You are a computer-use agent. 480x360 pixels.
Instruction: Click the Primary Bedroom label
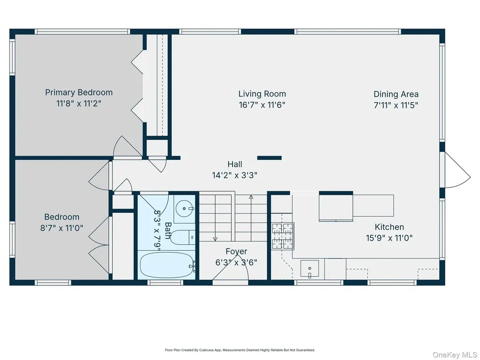(79, 92)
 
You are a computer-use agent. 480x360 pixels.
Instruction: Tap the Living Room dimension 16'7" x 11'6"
(262, 105)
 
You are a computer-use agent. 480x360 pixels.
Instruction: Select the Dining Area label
(396, 94)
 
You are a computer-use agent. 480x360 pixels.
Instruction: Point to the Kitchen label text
(389, 227)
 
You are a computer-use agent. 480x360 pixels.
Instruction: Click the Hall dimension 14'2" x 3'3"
(234, 175)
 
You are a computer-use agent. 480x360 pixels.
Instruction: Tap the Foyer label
(236, 252)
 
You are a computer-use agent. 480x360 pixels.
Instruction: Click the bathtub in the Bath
(167, 265)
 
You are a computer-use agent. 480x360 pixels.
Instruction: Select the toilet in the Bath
(182, 237)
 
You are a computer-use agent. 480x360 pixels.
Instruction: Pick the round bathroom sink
(184, 209)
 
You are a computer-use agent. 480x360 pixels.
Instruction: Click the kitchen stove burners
(283, 236)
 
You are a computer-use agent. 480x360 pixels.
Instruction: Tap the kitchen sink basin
(309, 269)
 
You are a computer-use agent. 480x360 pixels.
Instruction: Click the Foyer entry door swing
(230, 268)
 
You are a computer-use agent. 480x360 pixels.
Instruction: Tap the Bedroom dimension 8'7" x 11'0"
(62, 228)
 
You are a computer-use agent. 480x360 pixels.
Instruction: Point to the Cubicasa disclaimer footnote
(240, 350)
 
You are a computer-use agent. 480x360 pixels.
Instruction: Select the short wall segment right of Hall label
(270, 158)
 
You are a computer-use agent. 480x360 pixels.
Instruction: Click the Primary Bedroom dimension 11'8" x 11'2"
(79, 104)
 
